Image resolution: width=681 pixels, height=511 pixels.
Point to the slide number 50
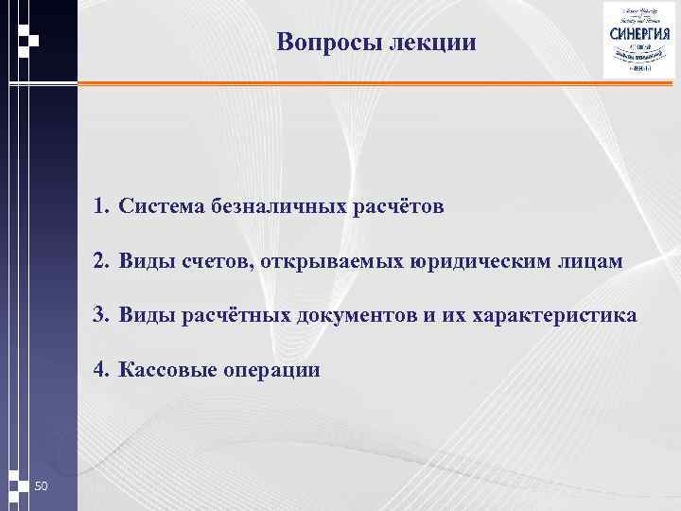41,486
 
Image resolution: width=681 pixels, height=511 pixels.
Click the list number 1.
100,206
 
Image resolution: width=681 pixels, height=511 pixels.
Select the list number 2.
100,261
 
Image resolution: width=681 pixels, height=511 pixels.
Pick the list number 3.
100,315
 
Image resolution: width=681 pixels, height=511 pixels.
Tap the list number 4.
100,370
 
